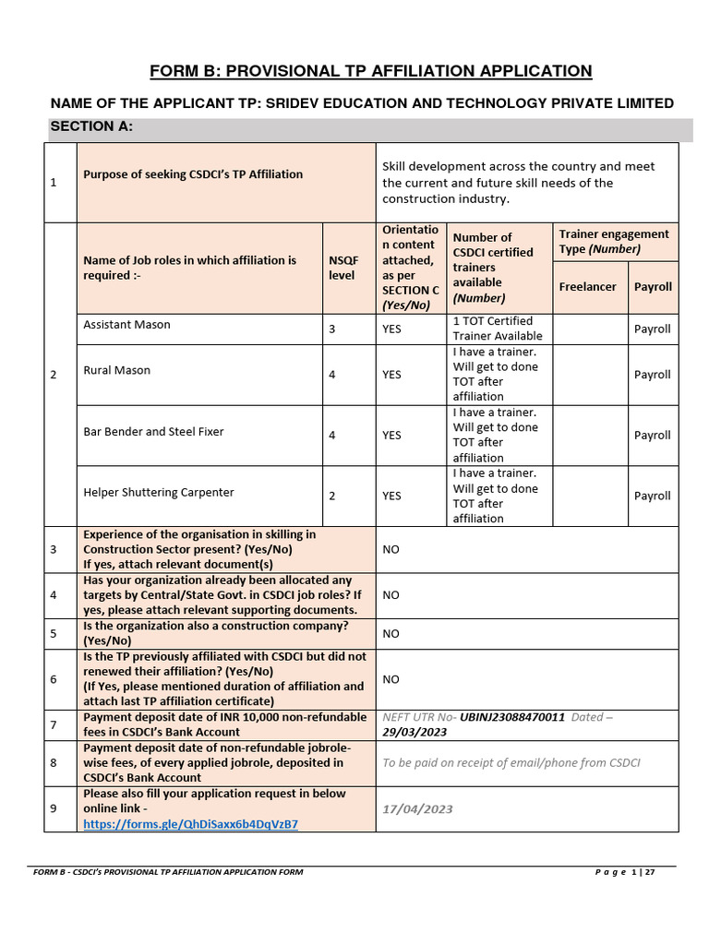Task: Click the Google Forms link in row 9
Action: (191, 824)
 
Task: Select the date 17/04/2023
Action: (417, 809)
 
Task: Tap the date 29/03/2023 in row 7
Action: (415, 732)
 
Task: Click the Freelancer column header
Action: (587, 287)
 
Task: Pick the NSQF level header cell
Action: (342, 268)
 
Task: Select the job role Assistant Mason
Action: (126, 325)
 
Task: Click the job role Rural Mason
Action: (116, 370)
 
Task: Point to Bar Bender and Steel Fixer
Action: (153, 431)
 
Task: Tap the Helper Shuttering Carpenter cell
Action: (159, 492)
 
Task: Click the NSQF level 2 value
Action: (332, 496)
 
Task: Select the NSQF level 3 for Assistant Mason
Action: (332, 329)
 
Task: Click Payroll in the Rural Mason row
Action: (652, 375)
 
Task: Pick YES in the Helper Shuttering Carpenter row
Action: (391, 496)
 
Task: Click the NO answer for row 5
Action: (391, 633)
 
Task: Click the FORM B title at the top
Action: (370, 71)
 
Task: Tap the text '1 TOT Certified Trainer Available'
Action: (497, 329)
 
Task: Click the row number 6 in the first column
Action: (53, 678)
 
